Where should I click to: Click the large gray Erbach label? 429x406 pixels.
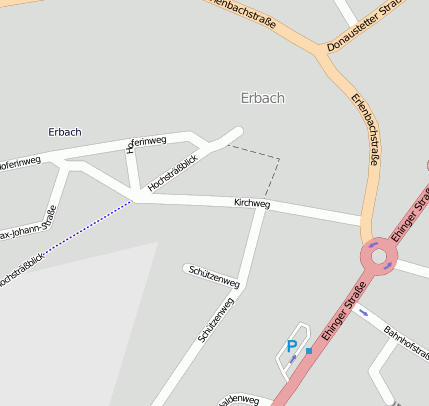pos(263,98)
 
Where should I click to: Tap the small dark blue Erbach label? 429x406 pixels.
pos(65,132)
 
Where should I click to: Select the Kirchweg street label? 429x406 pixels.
pos(252,203)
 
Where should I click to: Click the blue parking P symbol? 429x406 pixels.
pos(292,347)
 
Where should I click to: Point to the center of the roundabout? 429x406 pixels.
pos(379,257)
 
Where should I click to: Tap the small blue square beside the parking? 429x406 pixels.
pos(309,351)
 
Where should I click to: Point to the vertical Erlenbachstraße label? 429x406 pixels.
pos(366,127)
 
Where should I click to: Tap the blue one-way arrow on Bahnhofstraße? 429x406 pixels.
pos(363,312)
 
